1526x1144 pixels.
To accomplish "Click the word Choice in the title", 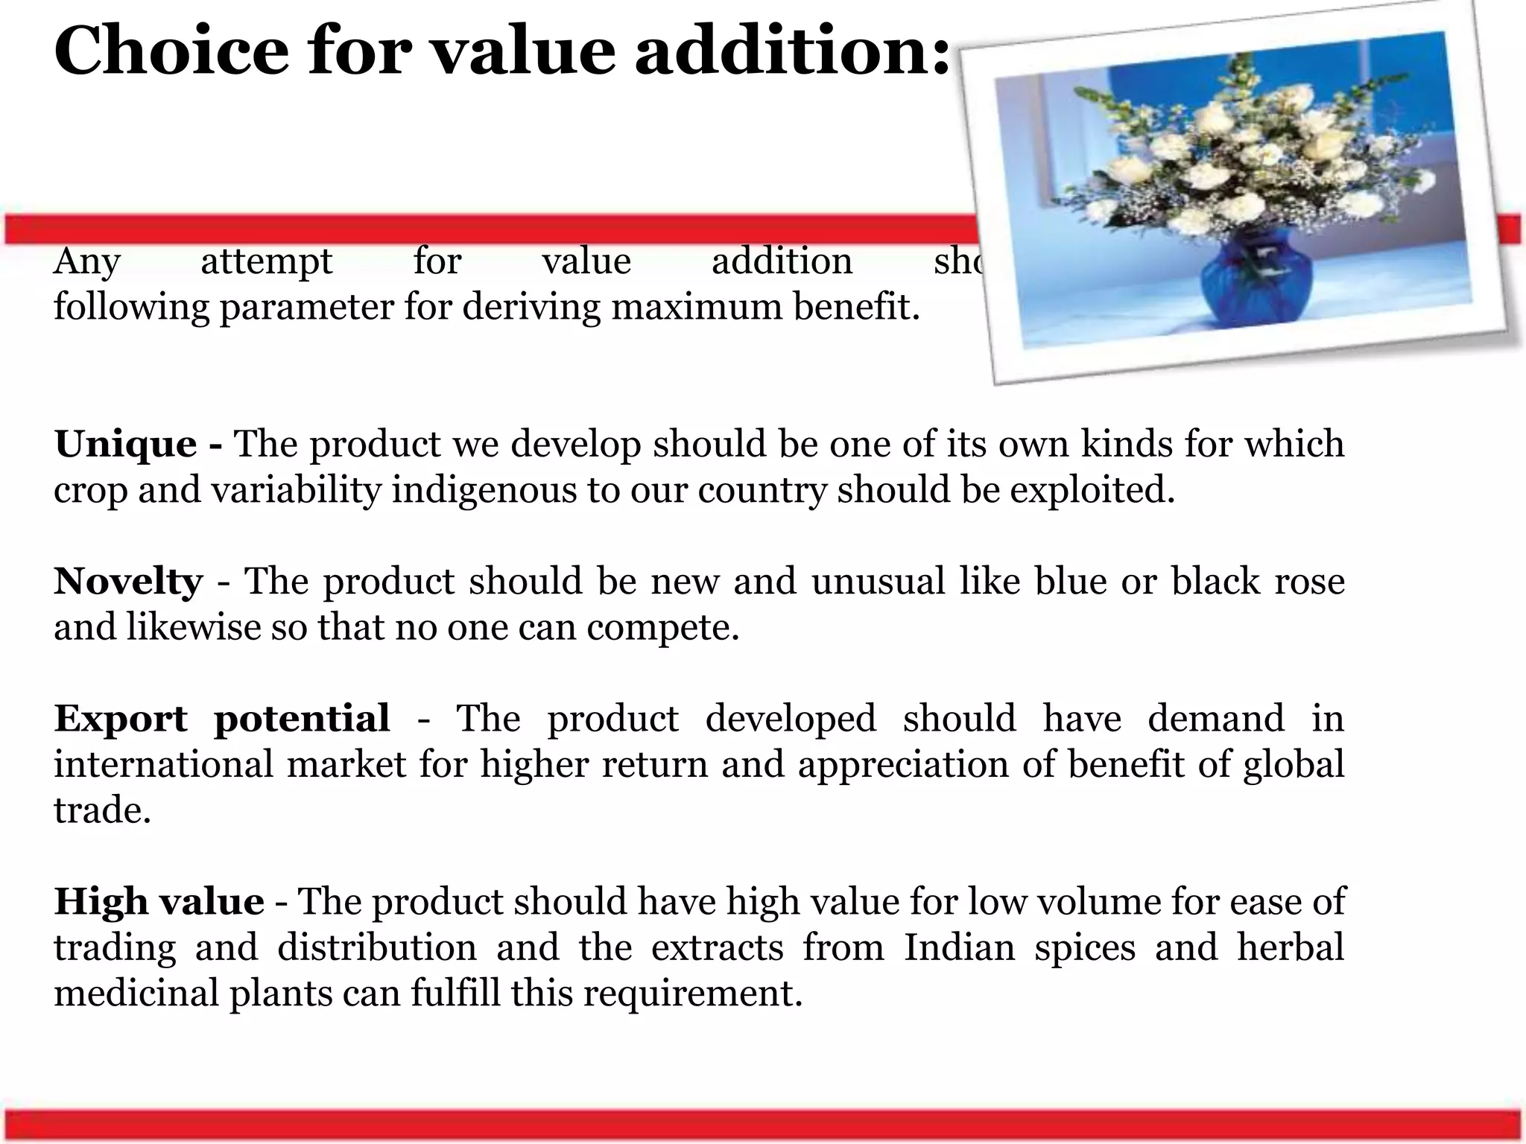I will tap(171, 51).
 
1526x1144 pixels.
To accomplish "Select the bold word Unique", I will tap(125, 445).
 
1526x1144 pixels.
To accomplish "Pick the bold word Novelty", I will tap(127, 582).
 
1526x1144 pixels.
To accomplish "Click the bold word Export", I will tap(120, 719).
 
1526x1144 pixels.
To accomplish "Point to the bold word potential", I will tap(302, 719).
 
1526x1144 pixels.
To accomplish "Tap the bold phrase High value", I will tap(159, 902).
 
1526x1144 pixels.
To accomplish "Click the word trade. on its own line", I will tap(102, 810).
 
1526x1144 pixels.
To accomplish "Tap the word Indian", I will tap(959, 947).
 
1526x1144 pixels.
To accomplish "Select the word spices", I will tap(1084, 947).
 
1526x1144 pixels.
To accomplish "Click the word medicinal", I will tap(134, 994).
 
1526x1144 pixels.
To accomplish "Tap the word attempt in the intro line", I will tap(267, 261).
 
